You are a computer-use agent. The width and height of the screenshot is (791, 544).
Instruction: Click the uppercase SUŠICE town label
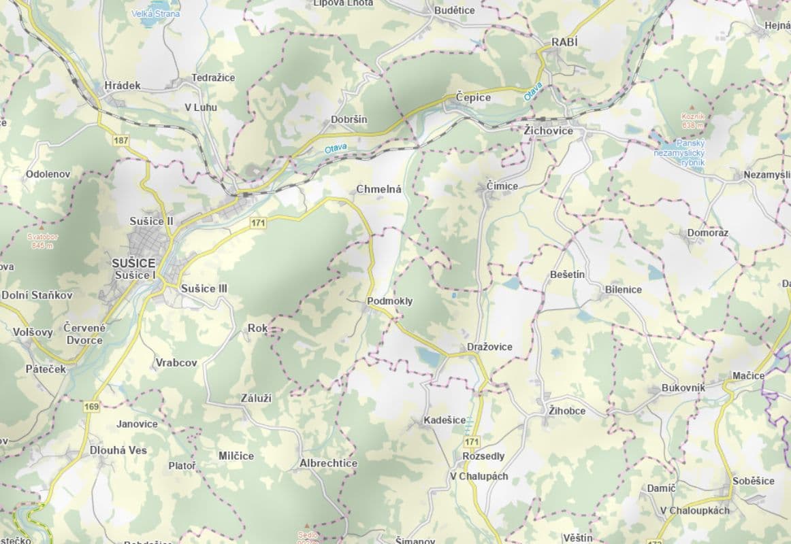tap(134, 262)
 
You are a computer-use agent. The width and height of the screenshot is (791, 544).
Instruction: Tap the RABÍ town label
tap(564, 42)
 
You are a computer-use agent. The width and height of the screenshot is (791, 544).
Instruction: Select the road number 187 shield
tap(121, 141)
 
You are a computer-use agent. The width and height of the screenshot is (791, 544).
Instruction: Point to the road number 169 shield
tap(92, 407)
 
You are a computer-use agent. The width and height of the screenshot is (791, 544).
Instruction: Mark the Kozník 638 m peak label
tap(692, 120)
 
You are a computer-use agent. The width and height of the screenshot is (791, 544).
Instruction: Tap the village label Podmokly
tap(389, 301)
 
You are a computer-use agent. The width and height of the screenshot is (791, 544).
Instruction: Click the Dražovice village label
tap(489, 347)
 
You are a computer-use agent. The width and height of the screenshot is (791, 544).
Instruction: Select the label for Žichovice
tap(549, 131)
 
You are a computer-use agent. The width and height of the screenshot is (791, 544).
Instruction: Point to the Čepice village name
tap(473, 97)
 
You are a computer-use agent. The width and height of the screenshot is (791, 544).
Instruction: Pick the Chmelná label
tap(378, 189)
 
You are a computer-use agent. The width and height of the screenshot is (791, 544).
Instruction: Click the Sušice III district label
tap(204, 288)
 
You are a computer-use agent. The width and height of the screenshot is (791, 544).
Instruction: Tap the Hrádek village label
tap(123, 85)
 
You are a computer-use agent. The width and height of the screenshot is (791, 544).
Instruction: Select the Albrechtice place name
tap(328, 463)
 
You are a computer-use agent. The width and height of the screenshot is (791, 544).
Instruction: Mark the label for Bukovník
tap(683, 388)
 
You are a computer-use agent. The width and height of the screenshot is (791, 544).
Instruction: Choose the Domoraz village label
tap(707, 233)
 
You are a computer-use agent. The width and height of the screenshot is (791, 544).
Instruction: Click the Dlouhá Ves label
tap(118, 450)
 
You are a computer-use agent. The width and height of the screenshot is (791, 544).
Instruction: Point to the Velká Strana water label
tap(157, 14)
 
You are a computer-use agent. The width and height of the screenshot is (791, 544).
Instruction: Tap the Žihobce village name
tap(567, 411)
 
